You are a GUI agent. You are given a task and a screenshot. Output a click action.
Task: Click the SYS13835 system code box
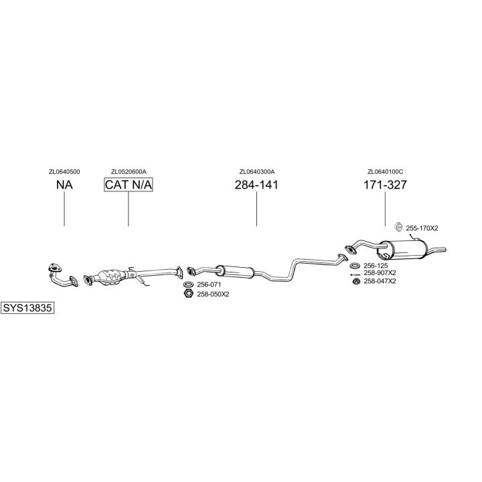click(x=27, y=309)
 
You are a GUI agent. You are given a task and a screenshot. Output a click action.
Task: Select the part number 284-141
click(x=256, y=185)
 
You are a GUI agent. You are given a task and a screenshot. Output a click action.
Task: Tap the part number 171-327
click(x=385, y=185)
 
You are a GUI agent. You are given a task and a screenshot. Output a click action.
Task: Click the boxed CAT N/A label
click(x=128, y=185)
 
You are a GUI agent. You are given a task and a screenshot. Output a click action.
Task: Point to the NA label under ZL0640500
click(x=64, y=185)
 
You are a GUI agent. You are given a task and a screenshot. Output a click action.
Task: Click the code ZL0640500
click(x=64, y=171)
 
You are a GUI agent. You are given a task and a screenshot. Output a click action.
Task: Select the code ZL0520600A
click(x=129, y=171)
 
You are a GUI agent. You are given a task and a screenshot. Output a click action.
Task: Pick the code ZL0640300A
click(x=256, y=171)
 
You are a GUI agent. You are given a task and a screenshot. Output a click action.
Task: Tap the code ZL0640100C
click(x=385, y=171)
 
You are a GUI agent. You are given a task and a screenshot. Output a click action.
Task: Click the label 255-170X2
click(x=422, y=228)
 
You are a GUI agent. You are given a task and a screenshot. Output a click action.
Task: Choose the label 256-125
click(x=376, y=266)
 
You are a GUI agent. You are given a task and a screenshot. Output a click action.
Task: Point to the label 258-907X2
click(x=380, y=273)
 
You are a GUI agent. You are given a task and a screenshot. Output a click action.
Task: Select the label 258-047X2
click(x=380, y=281)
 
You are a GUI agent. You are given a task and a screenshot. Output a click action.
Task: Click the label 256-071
click(x=209, y=285)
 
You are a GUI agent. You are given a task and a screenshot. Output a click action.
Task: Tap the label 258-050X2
click(x=214, y=294)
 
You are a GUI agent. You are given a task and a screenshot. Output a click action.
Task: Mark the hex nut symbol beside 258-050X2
click(x=189, y=294)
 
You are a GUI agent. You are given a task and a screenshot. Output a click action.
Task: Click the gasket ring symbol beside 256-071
click(x=189, y=285)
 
